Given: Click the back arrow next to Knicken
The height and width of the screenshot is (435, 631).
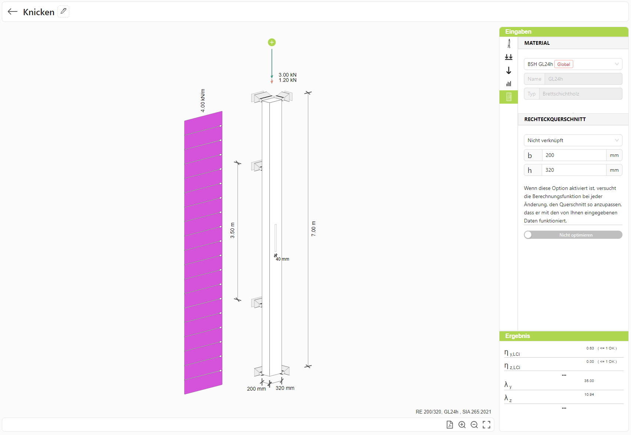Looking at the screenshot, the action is click(x=12, y=11).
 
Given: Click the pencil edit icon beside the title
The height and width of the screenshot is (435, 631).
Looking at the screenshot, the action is click(x=63, y=11).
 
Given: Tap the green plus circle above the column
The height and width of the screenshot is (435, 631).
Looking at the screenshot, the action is click(x=272, y=42).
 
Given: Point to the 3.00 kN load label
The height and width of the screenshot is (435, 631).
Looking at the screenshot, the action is click(x=287, y=74).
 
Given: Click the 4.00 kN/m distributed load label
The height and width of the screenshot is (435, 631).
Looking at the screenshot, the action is click(x=203, y=100).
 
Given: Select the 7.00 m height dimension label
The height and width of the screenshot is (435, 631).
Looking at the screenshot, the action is click(x=313, y=228).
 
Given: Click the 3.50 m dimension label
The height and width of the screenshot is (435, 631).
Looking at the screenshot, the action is click(x=232, y=230).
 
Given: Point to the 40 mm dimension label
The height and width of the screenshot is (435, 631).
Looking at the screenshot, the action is click(x=282, y=259).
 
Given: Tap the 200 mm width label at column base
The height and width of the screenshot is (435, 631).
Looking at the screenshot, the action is click(x=256, y=389).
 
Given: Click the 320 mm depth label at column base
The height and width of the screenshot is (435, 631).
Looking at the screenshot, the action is click(x=285, y=388).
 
